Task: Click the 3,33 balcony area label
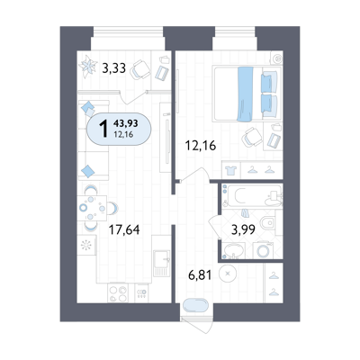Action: (113, 68)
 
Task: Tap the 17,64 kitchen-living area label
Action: (124, 230)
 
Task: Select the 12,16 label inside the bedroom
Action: (201, 146)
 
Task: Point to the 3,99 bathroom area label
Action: (243, 229)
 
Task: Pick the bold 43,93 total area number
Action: (125, 123)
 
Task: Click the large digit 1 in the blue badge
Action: (103, 128)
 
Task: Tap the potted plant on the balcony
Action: (88, 66)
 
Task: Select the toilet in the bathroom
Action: (267, 223)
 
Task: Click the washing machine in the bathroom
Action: (263, 250)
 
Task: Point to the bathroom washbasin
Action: (233, 251)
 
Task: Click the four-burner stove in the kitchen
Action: (118, 292)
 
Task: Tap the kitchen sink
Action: (161, 263)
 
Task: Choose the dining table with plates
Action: (92, 208)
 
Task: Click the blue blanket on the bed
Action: (245, 94)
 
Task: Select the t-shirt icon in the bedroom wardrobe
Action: (231, 170)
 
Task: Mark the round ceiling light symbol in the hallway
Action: (228, 274)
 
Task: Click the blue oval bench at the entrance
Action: (195, 306)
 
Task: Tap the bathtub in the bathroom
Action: (252, 196)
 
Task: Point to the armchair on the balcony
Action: (139, 69)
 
